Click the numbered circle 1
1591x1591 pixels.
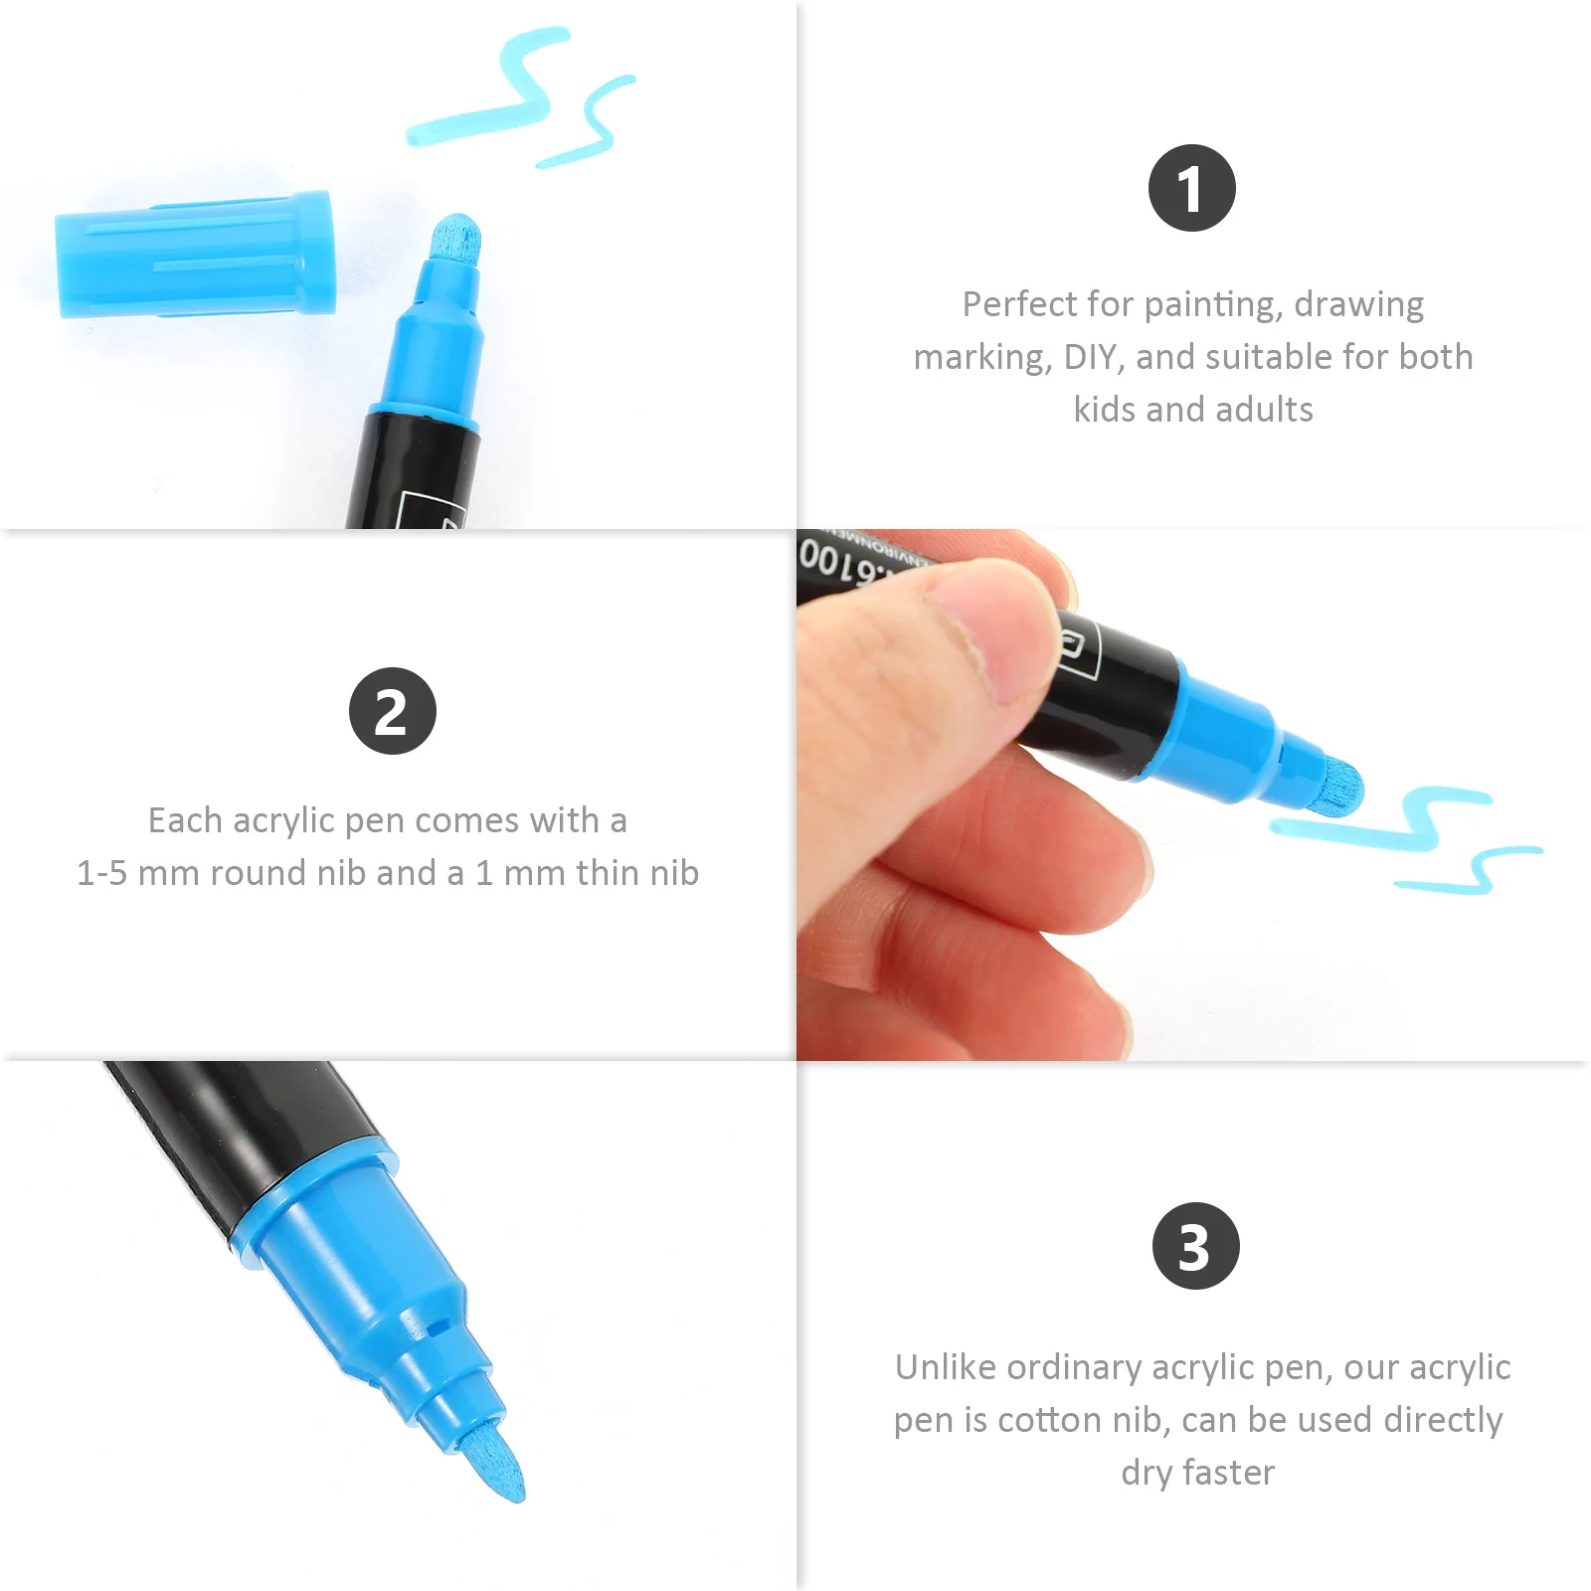point(1191,188)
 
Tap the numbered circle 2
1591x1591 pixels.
point(392,711)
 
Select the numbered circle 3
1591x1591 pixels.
point(1195,1246)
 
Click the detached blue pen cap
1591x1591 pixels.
point(194,256)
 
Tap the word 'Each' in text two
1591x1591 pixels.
point(185,820)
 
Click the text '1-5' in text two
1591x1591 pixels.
point(101,873)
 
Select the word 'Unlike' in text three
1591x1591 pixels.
point(946,1367)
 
